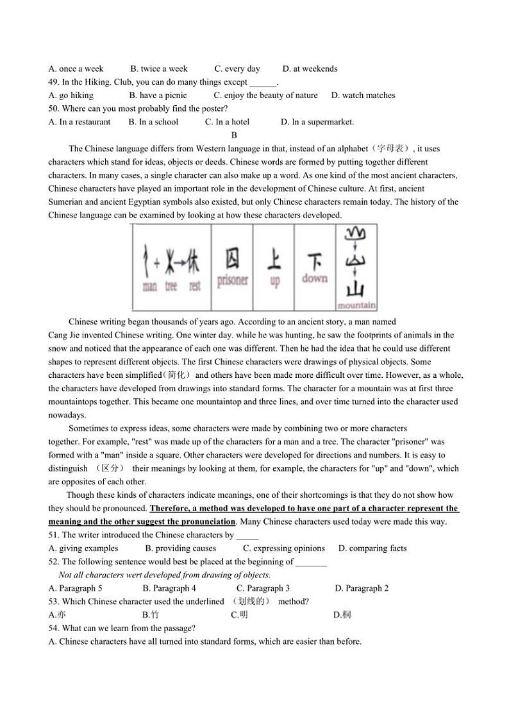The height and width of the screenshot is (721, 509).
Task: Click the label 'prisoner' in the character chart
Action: point(232,280)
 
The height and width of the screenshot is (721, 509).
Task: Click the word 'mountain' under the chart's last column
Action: point(356,305)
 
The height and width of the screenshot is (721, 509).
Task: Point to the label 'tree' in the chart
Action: point(171,287)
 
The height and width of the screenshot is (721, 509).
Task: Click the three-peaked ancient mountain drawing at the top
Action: point(356,235)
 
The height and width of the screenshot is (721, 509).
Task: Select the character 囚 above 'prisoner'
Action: point(232,259)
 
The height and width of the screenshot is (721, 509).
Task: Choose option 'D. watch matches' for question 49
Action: point(363,96)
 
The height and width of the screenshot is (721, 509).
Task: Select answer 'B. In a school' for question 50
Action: point(153,122)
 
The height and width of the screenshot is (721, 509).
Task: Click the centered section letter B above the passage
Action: point(234,135)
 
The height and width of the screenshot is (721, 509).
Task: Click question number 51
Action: point(53,535)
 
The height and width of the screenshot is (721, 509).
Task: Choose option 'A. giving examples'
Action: point(83,548)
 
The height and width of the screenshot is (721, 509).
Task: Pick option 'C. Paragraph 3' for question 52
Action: point(263,588)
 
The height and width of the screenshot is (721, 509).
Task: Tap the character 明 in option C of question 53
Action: point(244,615)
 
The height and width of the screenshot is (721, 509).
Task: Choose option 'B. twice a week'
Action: point(159,69)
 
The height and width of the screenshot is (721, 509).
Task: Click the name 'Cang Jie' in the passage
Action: point(63,335)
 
